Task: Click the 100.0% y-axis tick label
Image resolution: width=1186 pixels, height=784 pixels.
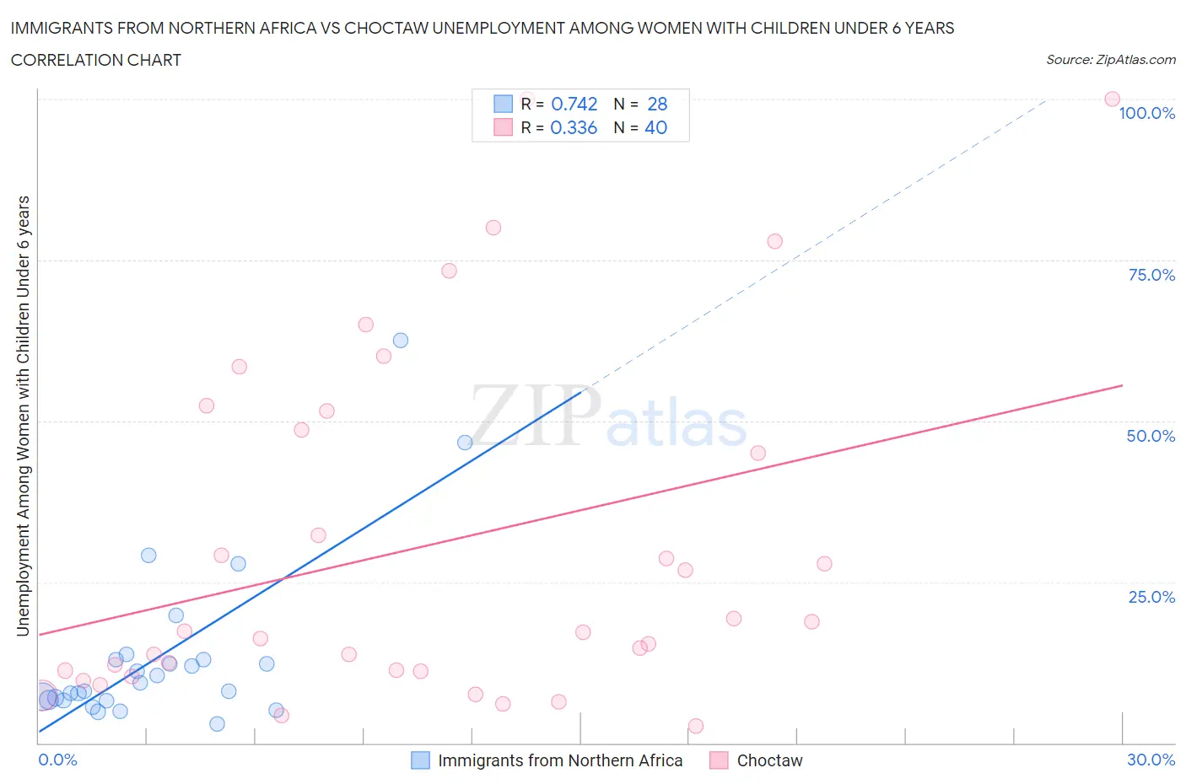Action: click(1146, 113)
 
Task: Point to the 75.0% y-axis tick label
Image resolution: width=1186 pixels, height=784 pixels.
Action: click(1151, 275)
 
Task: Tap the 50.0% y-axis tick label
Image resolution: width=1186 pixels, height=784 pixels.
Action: click(1151, 436)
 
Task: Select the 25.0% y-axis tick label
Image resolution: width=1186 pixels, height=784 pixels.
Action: click(1151, 597)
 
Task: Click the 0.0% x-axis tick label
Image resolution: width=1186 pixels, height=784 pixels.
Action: click(57, 760)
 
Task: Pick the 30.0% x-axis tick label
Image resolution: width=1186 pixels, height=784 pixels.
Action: click(1151, 760)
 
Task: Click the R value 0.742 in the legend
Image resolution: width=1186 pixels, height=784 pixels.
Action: click(574, 104)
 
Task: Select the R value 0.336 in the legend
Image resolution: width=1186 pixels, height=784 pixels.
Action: click(574, 127)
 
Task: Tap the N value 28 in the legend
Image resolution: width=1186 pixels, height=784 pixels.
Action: click(657, 104)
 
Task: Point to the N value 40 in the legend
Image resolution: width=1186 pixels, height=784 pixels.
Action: click(655, 127)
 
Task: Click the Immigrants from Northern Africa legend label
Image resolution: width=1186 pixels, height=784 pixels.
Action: click(560, 760)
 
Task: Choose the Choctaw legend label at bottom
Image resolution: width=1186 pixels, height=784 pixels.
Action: click(769, 760)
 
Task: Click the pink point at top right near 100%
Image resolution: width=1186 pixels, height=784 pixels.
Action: click(1112, 99)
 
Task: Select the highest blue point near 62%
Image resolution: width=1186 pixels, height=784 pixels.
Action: click(401, 341)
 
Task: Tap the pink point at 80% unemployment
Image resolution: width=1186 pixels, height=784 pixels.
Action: click(493, 228)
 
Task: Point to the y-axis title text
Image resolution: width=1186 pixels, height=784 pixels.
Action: click(23, 416)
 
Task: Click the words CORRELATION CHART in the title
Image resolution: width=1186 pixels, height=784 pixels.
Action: click(96, 60)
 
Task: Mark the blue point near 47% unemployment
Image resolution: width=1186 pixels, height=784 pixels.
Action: click(464, 443)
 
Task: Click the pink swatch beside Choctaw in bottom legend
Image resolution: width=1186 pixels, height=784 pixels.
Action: click(719, 760)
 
